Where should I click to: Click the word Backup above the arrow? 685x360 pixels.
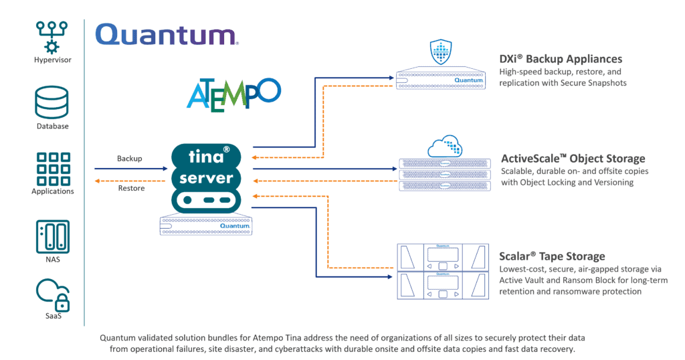pyautogui.click(x=130, y=159)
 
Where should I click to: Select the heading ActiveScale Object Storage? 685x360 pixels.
pyautogui.click(x=573, y=159)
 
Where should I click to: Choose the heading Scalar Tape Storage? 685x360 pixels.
pyautogui.click(x=552, y=256)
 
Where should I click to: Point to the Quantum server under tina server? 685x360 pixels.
pyautogui.click(x=208, y=226)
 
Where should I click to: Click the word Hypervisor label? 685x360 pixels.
pyautogui.click(x=52, y=60)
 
